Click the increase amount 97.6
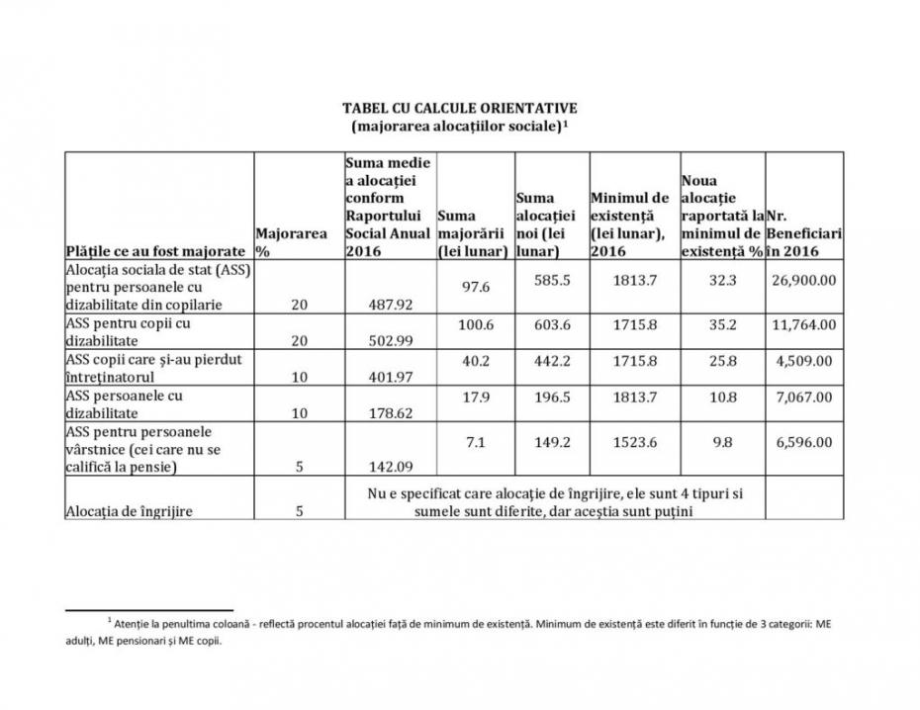click(x=471, y=287)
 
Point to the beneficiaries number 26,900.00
click(x=802, y=280)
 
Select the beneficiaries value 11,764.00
click(x=802, y=322)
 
